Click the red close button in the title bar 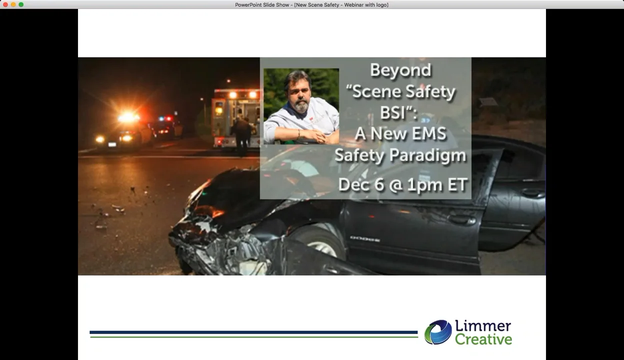coord(5,4)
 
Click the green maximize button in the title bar coord(21,4)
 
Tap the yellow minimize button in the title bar coord(13,4)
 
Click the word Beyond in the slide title coord(400,70)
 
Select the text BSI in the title coord(392,112)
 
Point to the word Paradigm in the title coord(434,155)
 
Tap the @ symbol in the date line coord(395,185)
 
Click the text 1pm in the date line coord(424,185)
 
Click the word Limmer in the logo coord(482,326)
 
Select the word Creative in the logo coord(483,340)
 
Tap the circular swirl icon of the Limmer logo coord(438,332)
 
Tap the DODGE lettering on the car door coord(364,239)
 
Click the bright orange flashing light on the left coord(128,118)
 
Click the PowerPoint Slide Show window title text coord(311,4)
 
